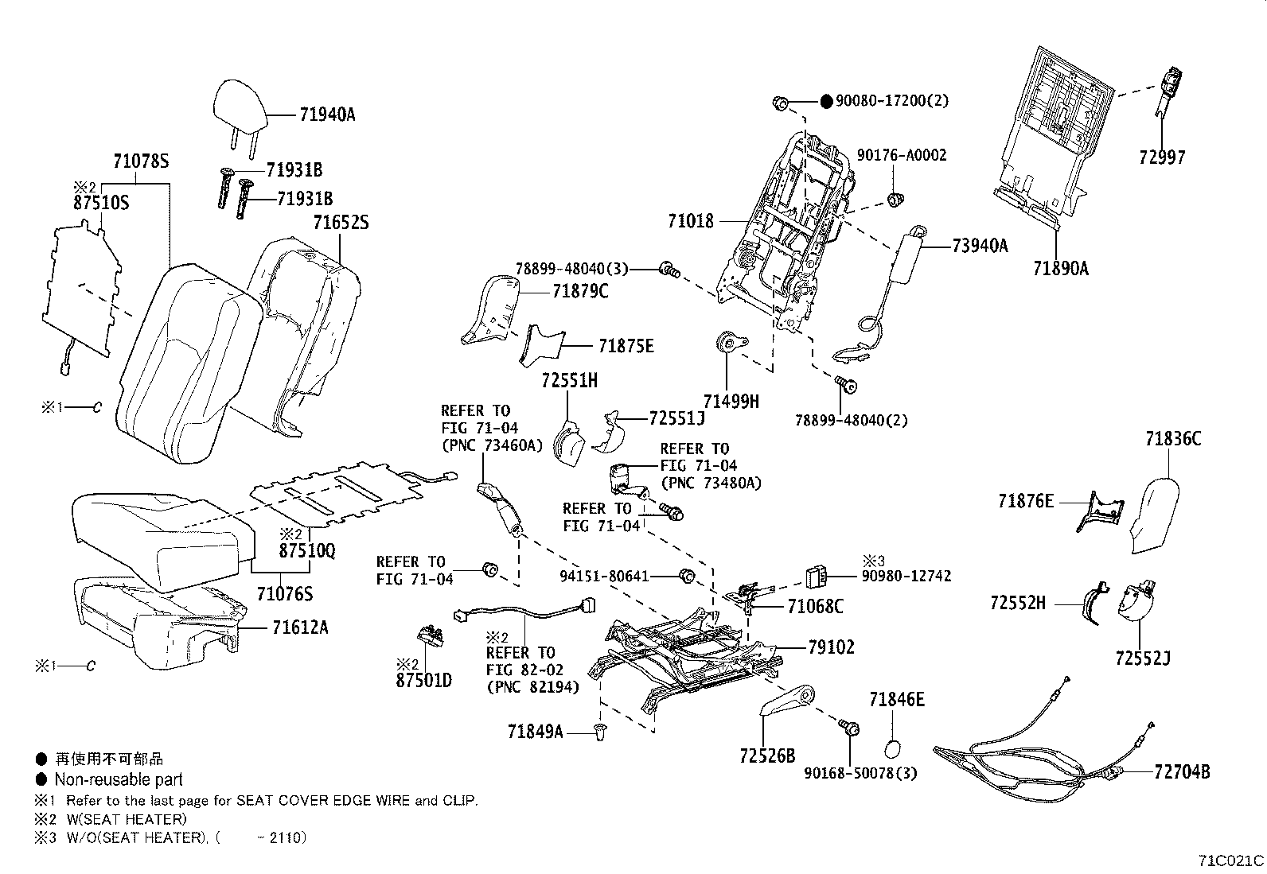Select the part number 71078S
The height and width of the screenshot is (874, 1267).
point(142,161)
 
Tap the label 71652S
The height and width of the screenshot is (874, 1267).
point(341,222)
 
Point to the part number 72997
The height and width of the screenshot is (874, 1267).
point(1161,157)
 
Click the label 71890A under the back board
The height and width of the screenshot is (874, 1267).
point(1060,268)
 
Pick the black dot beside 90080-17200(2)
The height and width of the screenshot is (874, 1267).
point(826,101)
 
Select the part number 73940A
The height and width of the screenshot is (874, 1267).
point(980,246)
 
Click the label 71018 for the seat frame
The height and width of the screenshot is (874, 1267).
point(691,221)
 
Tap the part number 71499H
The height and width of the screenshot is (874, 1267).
point(731,402)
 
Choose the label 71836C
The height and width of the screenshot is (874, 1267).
point(1173,438)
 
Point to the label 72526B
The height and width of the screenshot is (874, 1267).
point(767,756)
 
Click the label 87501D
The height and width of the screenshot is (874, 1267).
point(423,681)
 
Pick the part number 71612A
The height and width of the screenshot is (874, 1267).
point(299,627)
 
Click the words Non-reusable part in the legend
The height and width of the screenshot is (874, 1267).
point(119,779)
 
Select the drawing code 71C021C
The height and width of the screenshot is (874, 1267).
point(1231,860)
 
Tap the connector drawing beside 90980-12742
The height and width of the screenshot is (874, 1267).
point(816,575)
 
